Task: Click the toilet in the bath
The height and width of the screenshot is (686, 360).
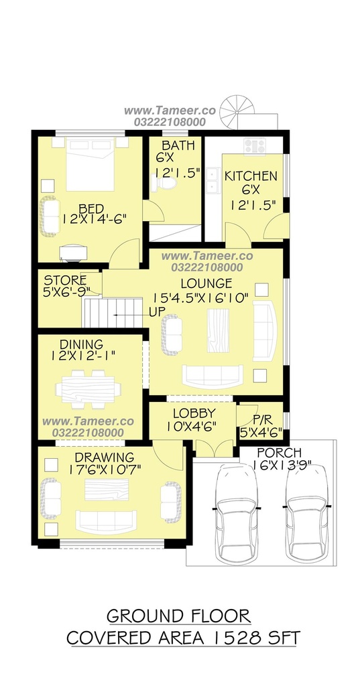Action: pos(163,182)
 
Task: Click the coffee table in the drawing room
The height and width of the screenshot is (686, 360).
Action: pos(107,489)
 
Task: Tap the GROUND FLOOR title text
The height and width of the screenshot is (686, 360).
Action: pos(179,616)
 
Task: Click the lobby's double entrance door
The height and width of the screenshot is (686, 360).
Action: pos(214,448)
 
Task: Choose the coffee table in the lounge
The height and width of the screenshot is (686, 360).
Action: pos(218,331)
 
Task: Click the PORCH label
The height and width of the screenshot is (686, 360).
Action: pos(279,452)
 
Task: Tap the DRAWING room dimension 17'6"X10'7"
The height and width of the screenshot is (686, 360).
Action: pos(101,470)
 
